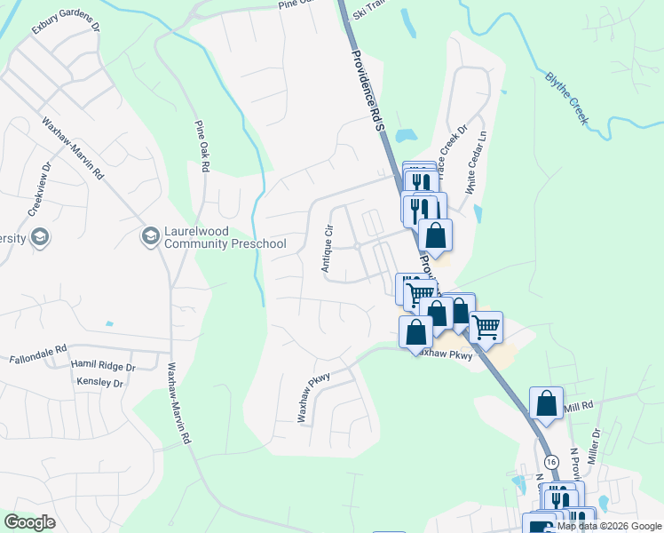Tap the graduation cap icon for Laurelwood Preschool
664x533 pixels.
click(x=149, y=236)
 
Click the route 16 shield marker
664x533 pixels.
click(x=551, y=462)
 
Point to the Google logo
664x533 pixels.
click(x=29, y=522)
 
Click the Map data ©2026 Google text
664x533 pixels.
click(x=609, y=526)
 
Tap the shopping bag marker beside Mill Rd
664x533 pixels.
click(x=546, y=402)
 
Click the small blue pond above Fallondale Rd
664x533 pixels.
click(x=109, y=323)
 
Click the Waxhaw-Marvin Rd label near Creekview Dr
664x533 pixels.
click(x=73, y=149)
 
